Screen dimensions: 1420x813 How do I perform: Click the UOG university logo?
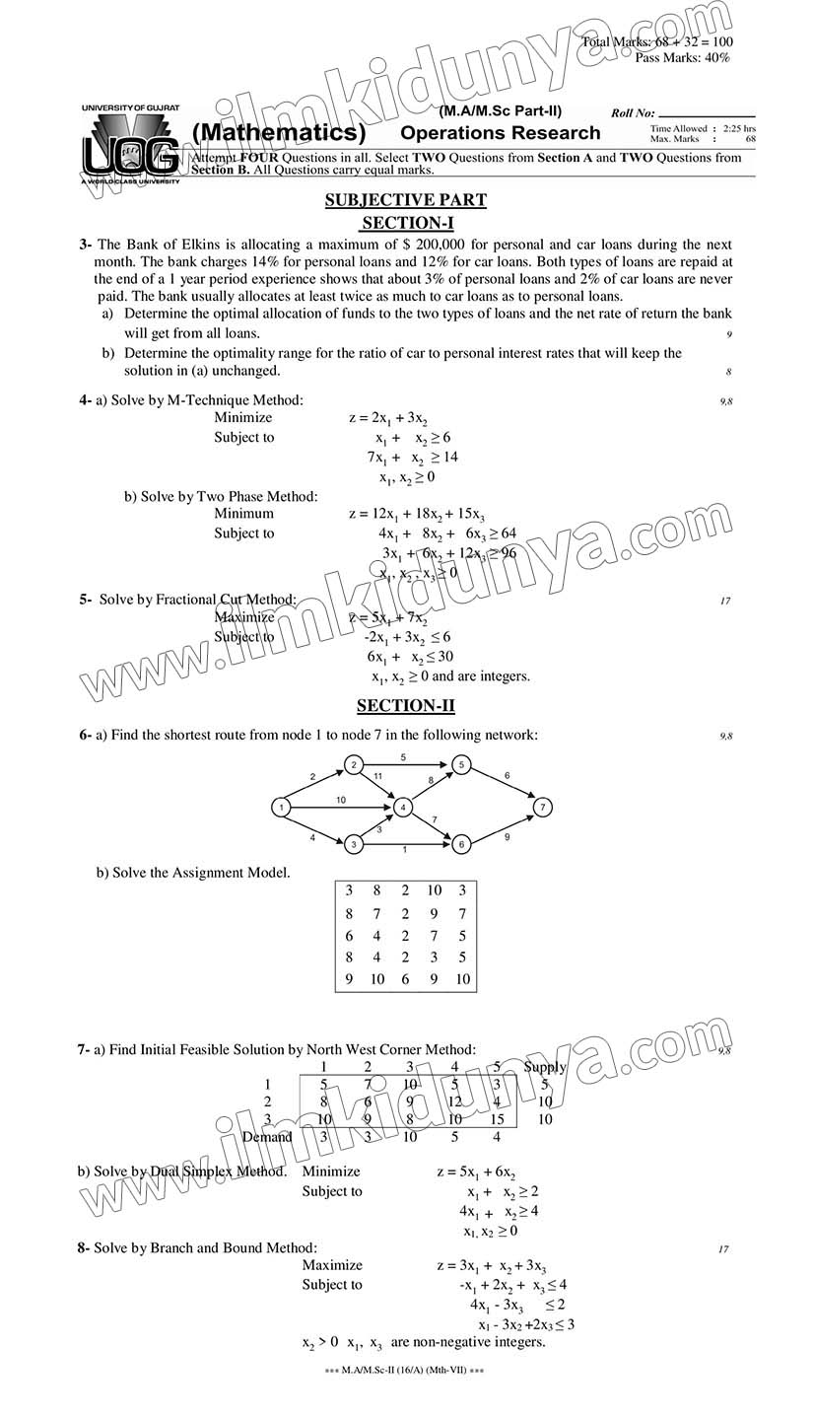tap(130, 145)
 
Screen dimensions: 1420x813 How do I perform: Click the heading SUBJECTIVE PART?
tap(405, 200)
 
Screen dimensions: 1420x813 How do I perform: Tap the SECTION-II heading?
tap(405, 705)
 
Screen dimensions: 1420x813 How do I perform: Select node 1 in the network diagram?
tap(281, 808)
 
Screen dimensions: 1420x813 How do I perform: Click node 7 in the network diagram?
tap(542, 808)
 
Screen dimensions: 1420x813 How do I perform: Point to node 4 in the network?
tap(402, 808)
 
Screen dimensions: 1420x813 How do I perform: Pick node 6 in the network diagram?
tap(460, 844)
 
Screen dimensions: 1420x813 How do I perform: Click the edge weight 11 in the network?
tap(378, 777)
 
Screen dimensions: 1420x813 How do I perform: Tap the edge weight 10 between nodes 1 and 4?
tap(341, 800)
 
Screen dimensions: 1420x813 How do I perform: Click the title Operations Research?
tap(500, 133)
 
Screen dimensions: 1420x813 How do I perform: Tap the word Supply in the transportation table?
tap(545, 1067)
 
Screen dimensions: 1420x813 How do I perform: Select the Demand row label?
tap(267, 1137)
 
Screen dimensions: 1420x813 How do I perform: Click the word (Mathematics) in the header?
tap(279, 133)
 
